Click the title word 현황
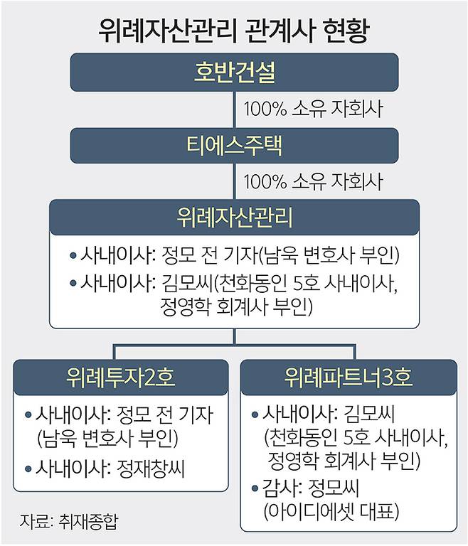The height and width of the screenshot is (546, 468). coord(346,31)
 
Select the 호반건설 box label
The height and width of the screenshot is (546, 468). coord(234,73)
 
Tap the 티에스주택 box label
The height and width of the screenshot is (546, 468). coord(234,146)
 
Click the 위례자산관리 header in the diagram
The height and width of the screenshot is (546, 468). coord(234,218)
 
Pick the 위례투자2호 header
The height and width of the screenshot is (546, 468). coord(121,378)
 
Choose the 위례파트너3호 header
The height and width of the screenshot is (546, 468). coord(349,378)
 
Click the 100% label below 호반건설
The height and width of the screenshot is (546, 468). coord(265,109)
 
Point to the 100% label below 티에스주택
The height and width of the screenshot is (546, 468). coord(265,182)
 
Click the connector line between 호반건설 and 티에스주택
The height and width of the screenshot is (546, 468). coord(234,109)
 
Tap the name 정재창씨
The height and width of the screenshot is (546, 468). coord(151,469)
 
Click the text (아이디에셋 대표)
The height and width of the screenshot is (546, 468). coord(331,512)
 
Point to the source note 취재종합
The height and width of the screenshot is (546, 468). coord(88,521)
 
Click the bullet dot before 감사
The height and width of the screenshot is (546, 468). coord(255,488)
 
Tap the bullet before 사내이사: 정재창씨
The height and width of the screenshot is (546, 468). coord(28,469)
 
